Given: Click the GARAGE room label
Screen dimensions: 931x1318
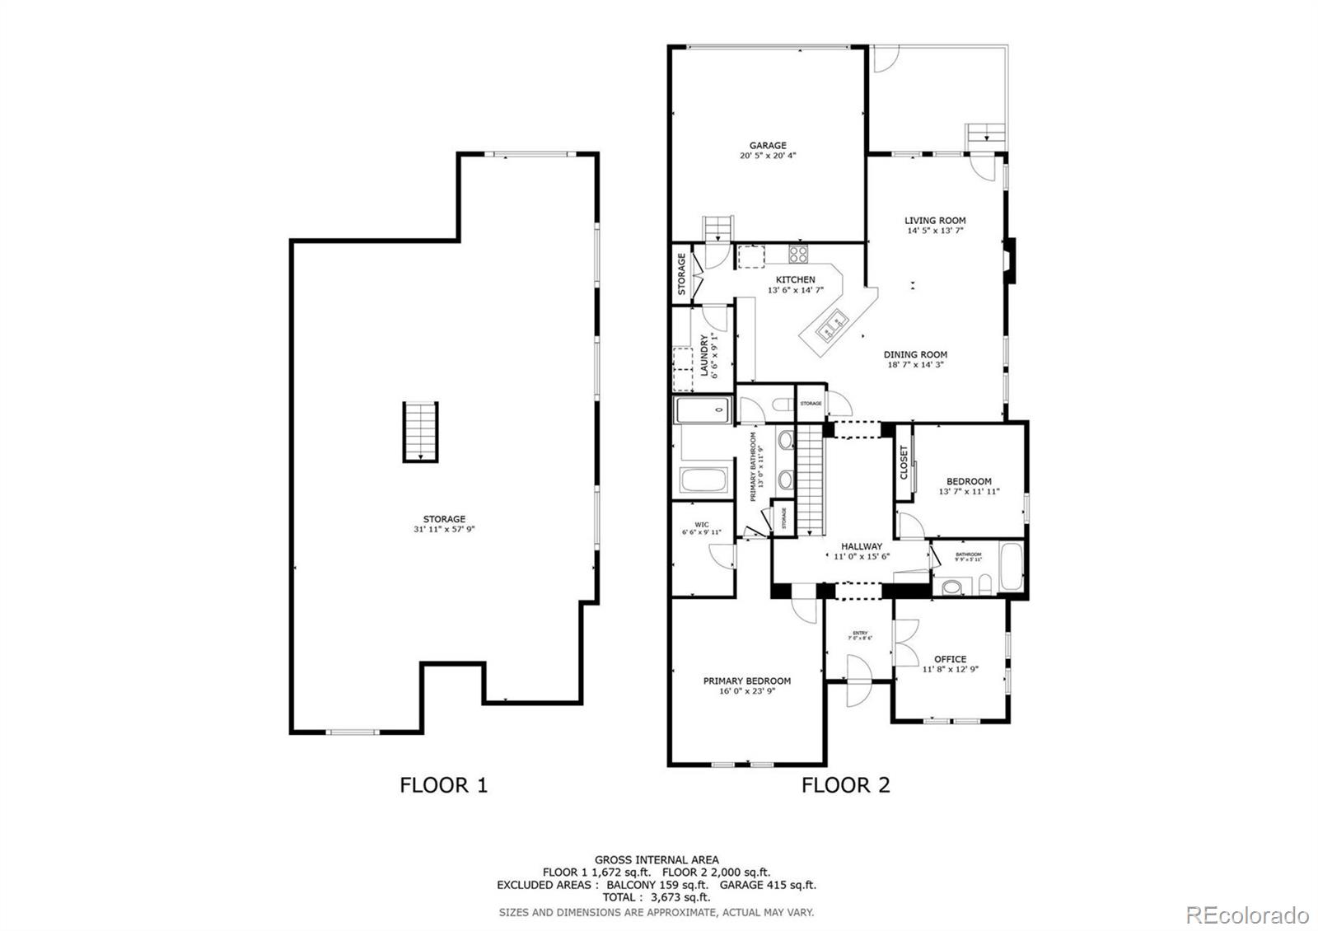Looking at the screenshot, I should pyautogui.click(x=767, y=146).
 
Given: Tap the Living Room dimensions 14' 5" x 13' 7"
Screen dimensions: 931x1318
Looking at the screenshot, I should pyautogui.click(x=935, y=232).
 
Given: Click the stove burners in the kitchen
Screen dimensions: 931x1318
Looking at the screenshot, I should pyautogui.click(x=798, y=253).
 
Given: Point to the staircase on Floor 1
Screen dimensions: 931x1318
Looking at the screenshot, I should pyautogui.click(x=420, y=432).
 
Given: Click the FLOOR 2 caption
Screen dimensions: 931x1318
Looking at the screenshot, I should pyautogui.click(x=845, y=785).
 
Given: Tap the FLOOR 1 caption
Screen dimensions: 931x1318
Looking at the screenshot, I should pyautogui.click(x=443, y=785).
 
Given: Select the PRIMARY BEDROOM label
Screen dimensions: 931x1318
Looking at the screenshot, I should pyautogui.click(x=746, y=681).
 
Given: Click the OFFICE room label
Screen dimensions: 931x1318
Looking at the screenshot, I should pyautogui.click(x=950, y=659).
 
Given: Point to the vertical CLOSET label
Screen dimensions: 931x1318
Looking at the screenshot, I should pyautogui.click(x=904, y=463).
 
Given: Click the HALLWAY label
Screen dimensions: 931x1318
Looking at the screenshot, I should pyautogui.click(x=862, y=546).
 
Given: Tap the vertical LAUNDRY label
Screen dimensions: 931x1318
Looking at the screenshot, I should pyautogui.click(x=705, y=354).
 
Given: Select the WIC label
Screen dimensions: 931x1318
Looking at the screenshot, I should pyautogui.click(x=701, y=524).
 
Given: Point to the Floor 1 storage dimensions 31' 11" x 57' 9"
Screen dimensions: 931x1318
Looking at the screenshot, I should pyautogui.click(x=444, y=530).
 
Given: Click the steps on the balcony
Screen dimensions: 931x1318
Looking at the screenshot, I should pyautogui.click(x=986, y=133).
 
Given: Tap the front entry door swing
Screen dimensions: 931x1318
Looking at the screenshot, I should pyautogui.click(x=856, y=681).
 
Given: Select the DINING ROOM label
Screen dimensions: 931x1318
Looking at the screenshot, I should pyautogui.click(x=915, y=355).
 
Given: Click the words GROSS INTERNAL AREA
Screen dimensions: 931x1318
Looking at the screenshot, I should pyautogui.click(x=656, y=859).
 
